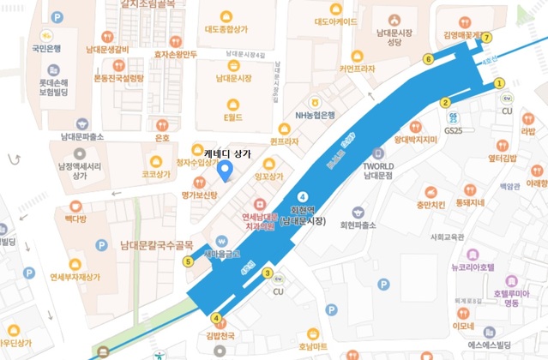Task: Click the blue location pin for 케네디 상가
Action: [x=226, y=171]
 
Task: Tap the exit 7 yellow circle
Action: [x=487, y=38]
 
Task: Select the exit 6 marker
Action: [x=428, y=59]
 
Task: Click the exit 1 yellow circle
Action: [x=499, y=83]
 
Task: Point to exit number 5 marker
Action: [x=188, y=261]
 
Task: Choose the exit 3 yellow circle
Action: [x=268, y=273]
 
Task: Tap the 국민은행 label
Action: [x=46, y=48]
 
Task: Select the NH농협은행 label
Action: [x=315, y=115]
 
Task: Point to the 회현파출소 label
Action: [x=358, y=225]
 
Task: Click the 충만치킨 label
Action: [x=430, y=205]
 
